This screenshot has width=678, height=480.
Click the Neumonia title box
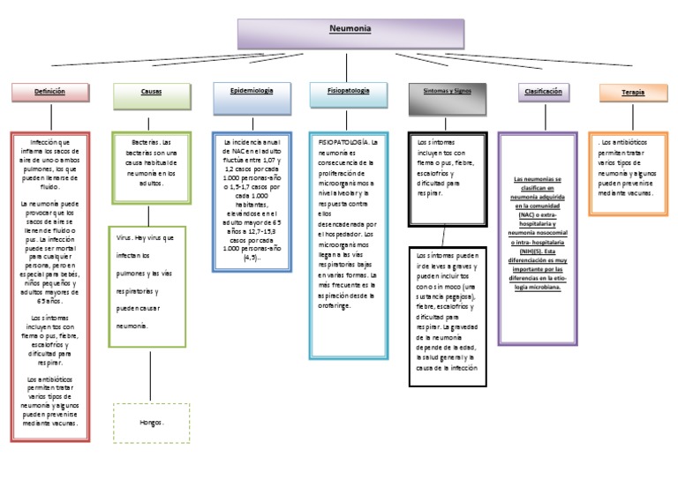350,34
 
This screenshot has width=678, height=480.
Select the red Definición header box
50,92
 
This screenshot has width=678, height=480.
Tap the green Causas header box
151,92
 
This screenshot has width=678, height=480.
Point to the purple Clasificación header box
543,92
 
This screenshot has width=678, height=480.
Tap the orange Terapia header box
632,93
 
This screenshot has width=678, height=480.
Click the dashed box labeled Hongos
151,423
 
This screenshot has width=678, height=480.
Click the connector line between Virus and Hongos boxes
151,374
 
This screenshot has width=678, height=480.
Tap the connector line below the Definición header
50,117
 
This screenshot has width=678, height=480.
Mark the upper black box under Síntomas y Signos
448,168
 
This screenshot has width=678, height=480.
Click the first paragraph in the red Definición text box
50,164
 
